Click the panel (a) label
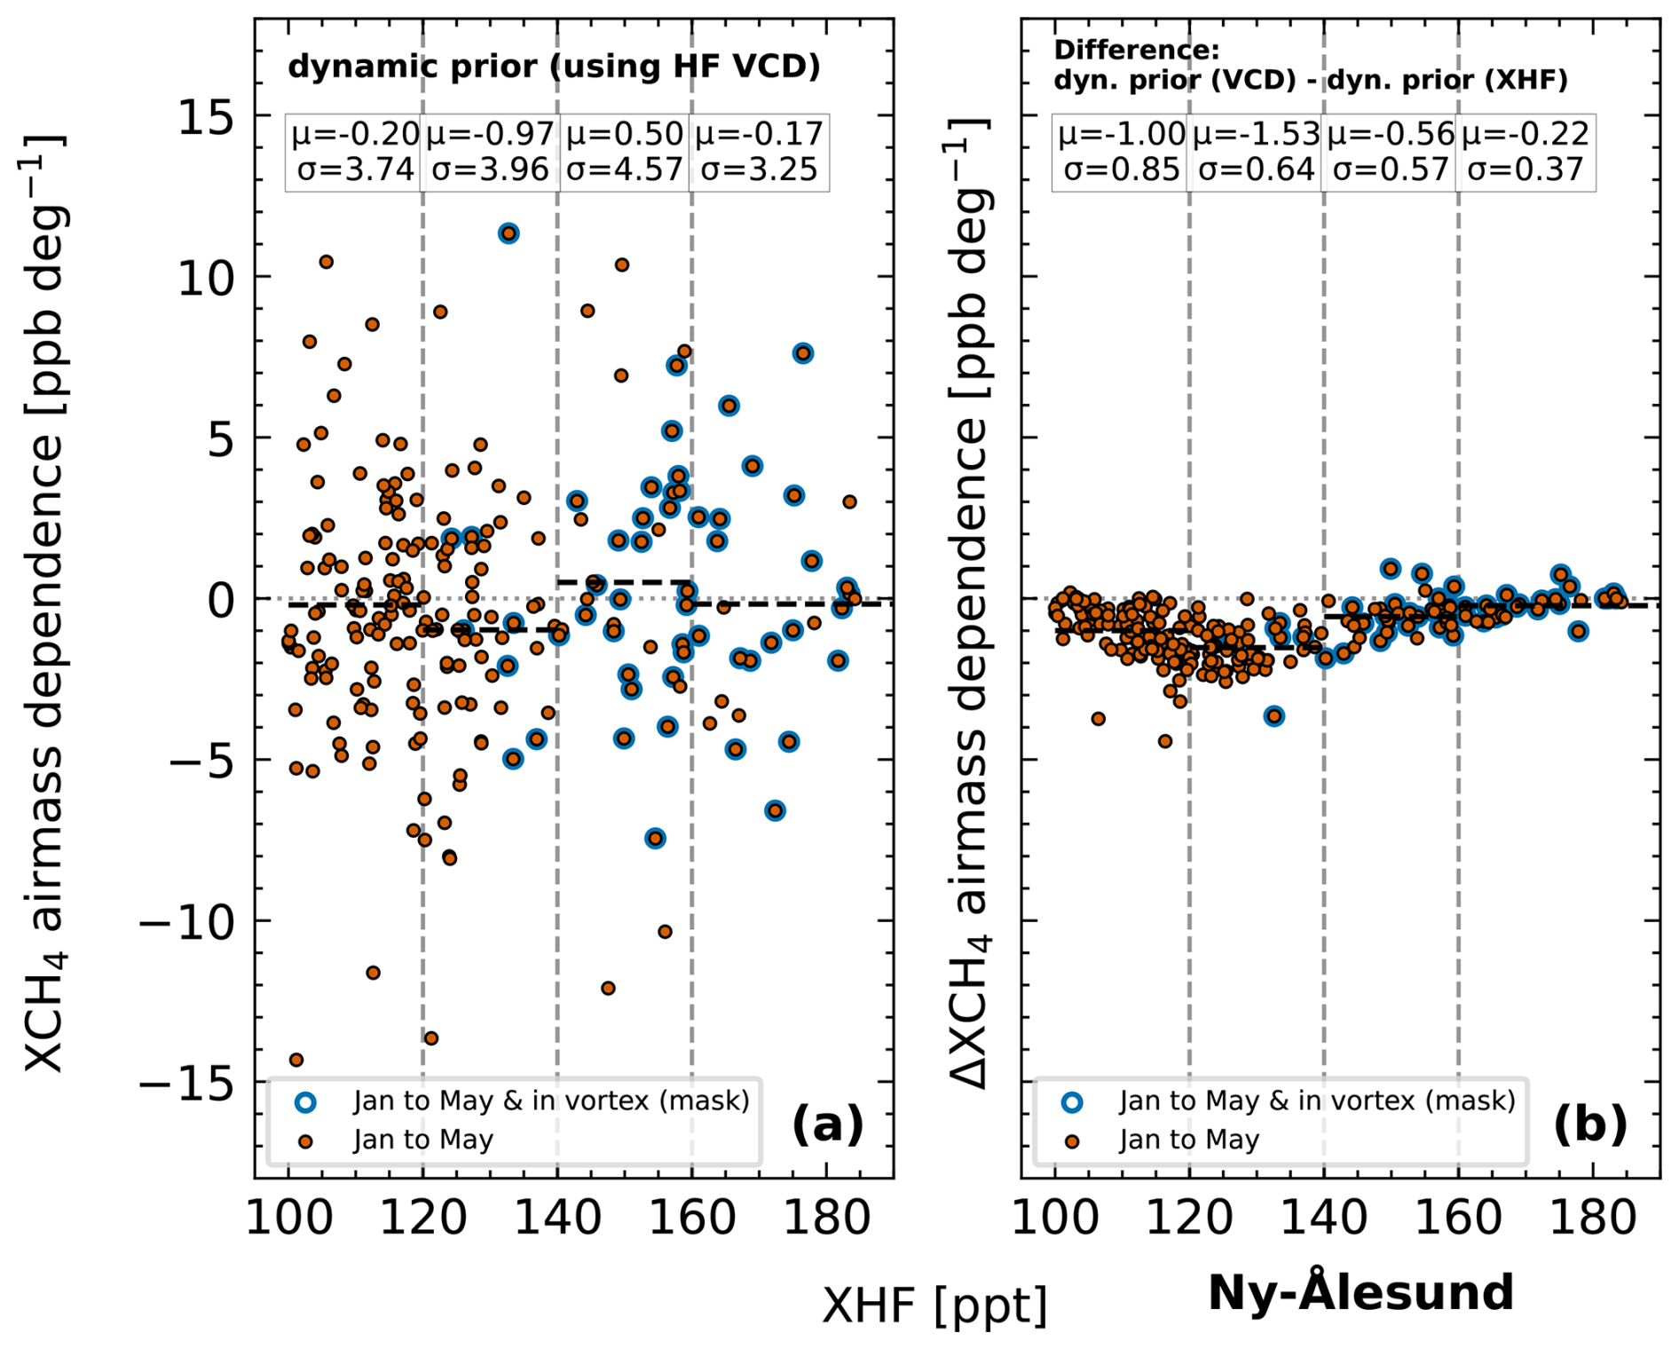[827, 1124]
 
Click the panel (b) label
[1590, 1124]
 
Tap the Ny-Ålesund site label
[1360, 1293]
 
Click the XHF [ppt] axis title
[934, 1306]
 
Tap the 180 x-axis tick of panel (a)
[827, 1218]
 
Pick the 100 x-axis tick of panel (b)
[1055, 1218]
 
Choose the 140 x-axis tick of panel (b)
[1324, 1218]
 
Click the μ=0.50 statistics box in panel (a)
[625, 152]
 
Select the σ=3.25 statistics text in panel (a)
[759, 170]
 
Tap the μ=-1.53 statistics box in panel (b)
[1257, 152]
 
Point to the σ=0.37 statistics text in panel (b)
[1525, 170]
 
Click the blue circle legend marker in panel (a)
[305, 1101]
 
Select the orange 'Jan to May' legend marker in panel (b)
[1072, 1140]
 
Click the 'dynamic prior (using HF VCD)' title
[554, 67]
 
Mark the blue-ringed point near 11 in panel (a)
[508, 233]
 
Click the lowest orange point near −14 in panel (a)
[296, 1060]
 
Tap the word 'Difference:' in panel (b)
[1136, 50]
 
